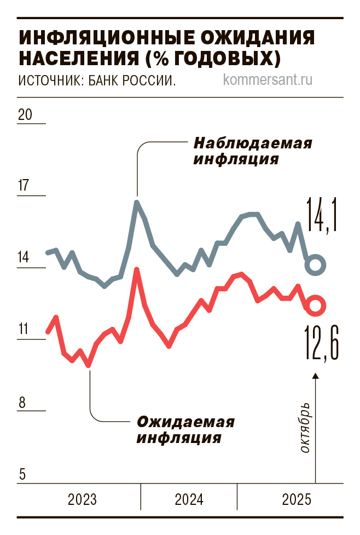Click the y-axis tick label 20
point(26,115)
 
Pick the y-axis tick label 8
point(22,402)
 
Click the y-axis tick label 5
point(22,474)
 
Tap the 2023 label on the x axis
point(82,500)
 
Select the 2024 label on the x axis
point(189,500)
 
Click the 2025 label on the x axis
point(296,500)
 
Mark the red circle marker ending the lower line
point(316,306)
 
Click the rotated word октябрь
point(305,429)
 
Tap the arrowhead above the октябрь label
point(316,376)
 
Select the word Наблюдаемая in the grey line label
point(253,144)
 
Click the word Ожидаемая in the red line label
point(186,422)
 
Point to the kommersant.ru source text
point(268,80)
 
